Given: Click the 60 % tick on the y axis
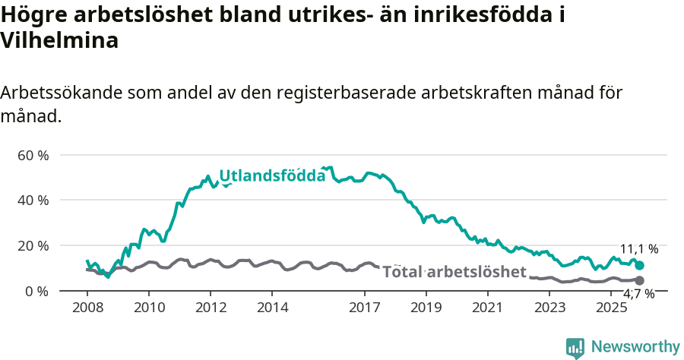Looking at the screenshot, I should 32,155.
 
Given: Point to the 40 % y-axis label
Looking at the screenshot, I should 32,200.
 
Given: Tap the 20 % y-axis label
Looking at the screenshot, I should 32,245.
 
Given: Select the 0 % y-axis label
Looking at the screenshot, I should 36,291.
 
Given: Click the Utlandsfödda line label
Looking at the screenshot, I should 272,176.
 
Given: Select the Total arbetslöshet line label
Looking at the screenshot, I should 454,272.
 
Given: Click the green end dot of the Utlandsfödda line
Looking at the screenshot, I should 639,265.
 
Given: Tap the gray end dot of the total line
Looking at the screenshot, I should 639,280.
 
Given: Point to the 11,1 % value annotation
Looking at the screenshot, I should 639,249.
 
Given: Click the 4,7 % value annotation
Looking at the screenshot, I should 638,294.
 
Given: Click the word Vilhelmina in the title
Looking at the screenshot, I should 59,41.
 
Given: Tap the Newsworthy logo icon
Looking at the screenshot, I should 575,347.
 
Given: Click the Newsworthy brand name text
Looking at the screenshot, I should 635,347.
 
